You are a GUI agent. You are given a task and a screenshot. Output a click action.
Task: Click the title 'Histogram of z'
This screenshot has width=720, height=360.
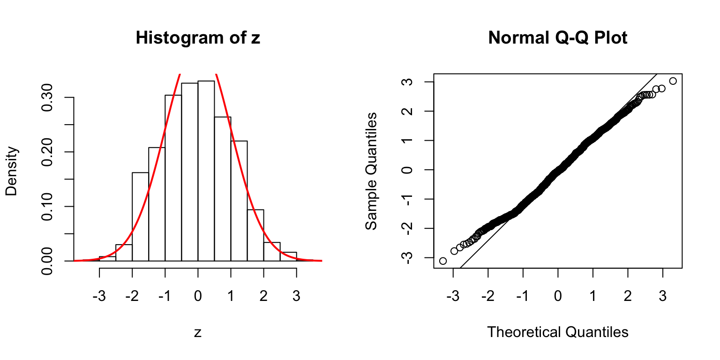click(198, 38)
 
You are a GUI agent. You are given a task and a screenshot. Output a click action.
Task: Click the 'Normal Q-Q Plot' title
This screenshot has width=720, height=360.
click(558, 38)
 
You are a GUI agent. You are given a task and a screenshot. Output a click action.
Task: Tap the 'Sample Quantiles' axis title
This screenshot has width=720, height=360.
click(371, 171)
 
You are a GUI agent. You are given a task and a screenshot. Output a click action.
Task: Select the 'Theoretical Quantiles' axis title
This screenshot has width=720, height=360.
click(558, 332)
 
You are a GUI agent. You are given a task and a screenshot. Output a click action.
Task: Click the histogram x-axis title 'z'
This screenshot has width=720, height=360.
click(198, 333)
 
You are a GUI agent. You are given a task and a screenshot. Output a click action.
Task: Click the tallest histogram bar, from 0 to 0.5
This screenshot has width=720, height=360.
click(206, 171)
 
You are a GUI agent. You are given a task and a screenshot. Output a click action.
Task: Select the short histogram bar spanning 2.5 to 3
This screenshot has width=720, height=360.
click(288, 256)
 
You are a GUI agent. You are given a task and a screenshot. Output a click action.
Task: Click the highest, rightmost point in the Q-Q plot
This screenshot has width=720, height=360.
click(673, 81)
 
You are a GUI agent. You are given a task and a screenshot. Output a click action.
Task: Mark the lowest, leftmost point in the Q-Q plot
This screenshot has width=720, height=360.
click(443, 261)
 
